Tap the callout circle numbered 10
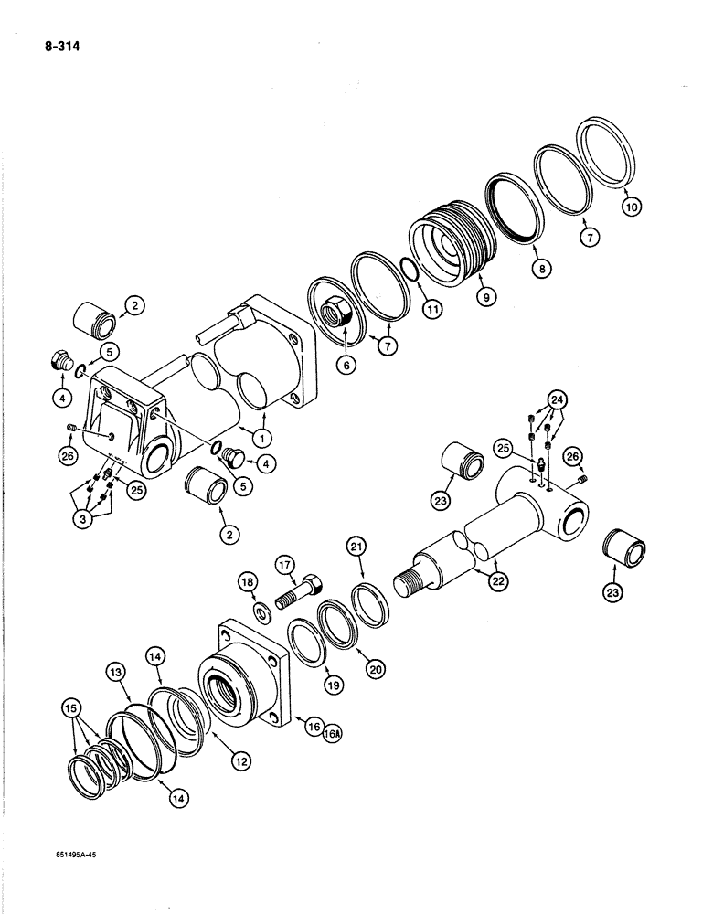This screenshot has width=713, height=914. tap(631, 207)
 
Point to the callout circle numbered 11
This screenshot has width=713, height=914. tap(432, 310)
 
